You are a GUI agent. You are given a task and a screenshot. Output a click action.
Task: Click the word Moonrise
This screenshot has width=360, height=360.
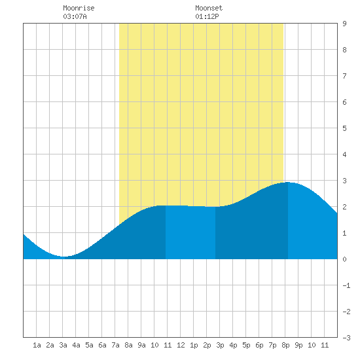(79, 8)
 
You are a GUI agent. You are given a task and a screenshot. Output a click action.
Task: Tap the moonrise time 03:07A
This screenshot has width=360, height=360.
(75, 16)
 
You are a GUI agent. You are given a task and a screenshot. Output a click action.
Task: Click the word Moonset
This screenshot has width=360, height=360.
(209, 8)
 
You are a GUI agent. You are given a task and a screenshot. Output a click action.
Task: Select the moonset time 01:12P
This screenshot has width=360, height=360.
(207, 16)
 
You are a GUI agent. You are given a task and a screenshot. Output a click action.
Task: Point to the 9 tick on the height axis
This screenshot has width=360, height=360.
(344, 24)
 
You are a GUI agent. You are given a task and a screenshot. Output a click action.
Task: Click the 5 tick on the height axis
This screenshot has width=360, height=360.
(344, 128)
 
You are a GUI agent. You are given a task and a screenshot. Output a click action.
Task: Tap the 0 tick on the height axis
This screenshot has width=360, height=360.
(344, 259)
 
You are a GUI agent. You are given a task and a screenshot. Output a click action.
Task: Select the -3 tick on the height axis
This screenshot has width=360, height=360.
(346, 338)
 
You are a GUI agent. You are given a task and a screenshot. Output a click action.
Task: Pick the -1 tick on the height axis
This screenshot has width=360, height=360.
(346, 285)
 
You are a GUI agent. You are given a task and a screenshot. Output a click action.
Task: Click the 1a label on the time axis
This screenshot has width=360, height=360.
(37, 345)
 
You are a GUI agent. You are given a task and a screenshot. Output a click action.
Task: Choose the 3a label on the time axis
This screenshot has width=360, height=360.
(63, 345)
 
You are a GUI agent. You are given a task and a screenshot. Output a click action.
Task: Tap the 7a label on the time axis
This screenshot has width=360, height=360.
(115, 345)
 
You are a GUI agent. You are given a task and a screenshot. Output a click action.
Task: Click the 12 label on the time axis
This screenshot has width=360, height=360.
(181, 345)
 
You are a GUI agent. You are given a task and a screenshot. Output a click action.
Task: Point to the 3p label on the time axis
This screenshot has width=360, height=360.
(220, 345)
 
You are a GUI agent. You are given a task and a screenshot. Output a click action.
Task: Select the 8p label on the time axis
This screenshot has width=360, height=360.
(285, 345)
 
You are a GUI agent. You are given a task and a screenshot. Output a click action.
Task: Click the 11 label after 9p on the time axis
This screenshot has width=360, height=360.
(325, 345)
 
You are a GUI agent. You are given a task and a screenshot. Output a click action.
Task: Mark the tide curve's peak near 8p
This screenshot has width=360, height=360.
(288, 182)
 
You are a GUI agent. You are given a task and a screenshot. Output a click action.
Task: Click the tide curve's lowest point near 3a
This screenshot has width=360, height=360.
(64, 257)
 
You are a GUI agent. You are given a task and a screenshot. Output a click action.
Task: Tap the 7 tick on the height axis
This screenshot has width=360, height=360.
(344, 76)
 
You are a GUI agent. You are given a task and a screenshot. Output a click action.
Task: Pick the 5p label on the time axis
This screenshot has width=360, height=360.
(246, 345)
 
